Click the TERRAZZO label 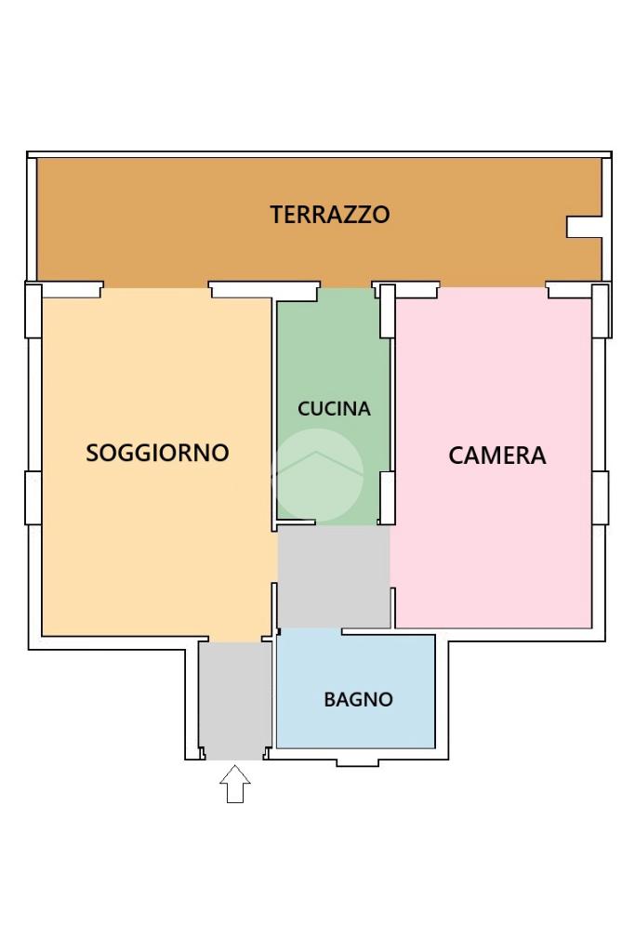pos(329,215)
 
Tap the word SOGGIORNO pos(157,453)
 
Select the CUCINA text pos(334,409)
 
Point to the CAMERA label pos(496,456)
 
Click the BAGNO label pos(358,699)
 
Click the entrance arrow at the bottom pos(234,785)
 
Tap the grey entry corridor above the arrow pos(235,701)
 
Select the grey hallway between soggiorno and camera pos(334,576)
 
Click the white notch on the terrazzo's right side pos(584,227)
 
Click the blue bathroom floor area pos(356,692)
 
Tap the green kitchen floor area pos(333,406)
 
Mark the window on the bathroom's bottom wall pos(357,762)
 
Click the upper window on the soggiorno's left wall pos(33,310)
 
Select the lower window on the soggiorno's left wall pos(33,497)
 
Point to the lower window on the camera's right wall pos(600,497)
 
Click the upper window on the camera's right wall pos(601,310)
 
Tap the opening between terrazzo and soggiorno pos(156,288)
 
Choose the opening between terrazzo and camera pos(493,287)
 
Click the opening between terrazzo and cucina pos(346,287)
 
